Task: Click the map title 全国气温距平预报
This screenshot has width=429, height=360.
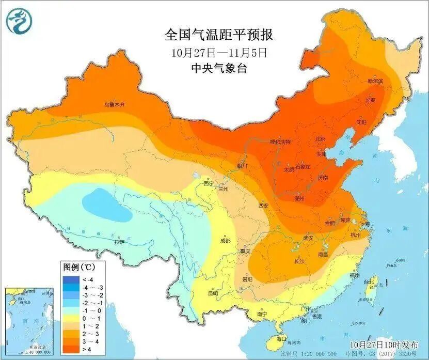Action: (218, 35)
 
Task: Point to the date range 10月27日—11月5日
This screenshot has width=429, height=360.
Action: (219, 52)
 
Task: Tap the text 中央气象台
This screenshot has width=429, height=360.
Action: (219, 68)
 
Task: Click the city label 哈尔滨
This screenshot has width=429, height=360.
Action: (375, 81)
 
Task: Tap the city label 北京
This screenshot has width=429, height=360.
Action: (320, 139)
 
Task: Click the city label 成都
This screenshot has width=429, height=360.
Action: (225, 241)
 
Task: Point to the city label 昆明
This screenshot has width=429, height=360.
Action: (213, 293)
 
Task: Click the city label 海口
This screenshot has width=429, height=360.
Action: (281, 339)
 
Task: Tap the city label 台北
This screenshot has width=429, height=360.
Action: (368, 282)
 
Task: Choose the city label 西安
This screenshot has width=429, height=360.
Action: (263, 205)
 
